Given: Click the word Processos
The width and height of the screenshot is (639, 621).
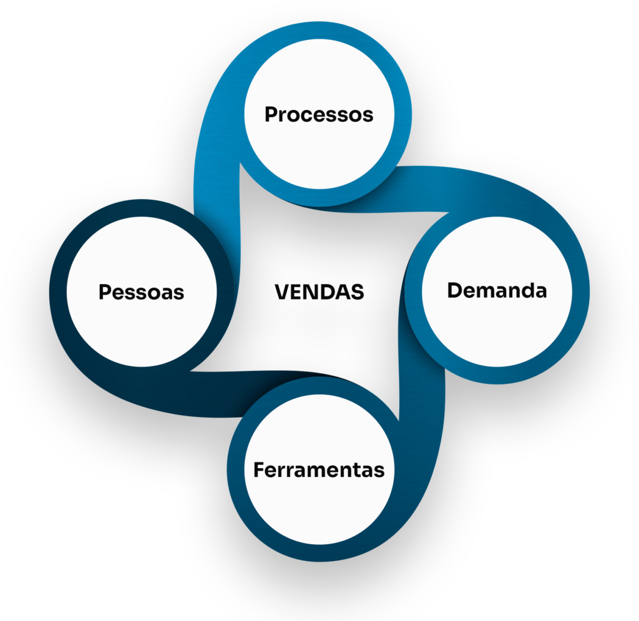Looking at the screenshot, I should click(x=319, y=115).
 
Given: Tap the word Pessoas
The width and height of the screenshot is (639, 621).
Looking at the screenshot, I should click(x=142, y=292).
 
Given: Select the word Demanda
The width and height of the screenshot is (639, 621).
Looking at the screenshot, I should click(x=497, y=290).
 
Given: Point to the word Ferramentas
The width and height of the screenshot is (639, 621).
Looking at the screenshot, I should click(x=319, y=469).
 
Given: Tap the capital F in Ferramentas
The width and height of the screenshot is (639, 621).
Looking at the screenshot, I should click(x=259, y=469).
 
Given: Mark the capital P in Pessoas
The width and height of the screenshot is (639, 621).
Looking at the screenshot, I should click(x=105, y=292).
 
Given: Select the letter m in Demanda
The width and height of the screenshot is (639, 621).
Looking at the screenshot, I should click(x=492, y=291).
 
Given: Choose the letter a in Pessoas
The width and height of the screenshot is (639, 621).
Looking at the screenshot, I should click(x=167, y=293).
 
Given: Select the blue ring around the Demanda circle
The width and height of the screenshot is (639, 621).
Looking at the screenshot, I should click(x=581, y=290).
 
